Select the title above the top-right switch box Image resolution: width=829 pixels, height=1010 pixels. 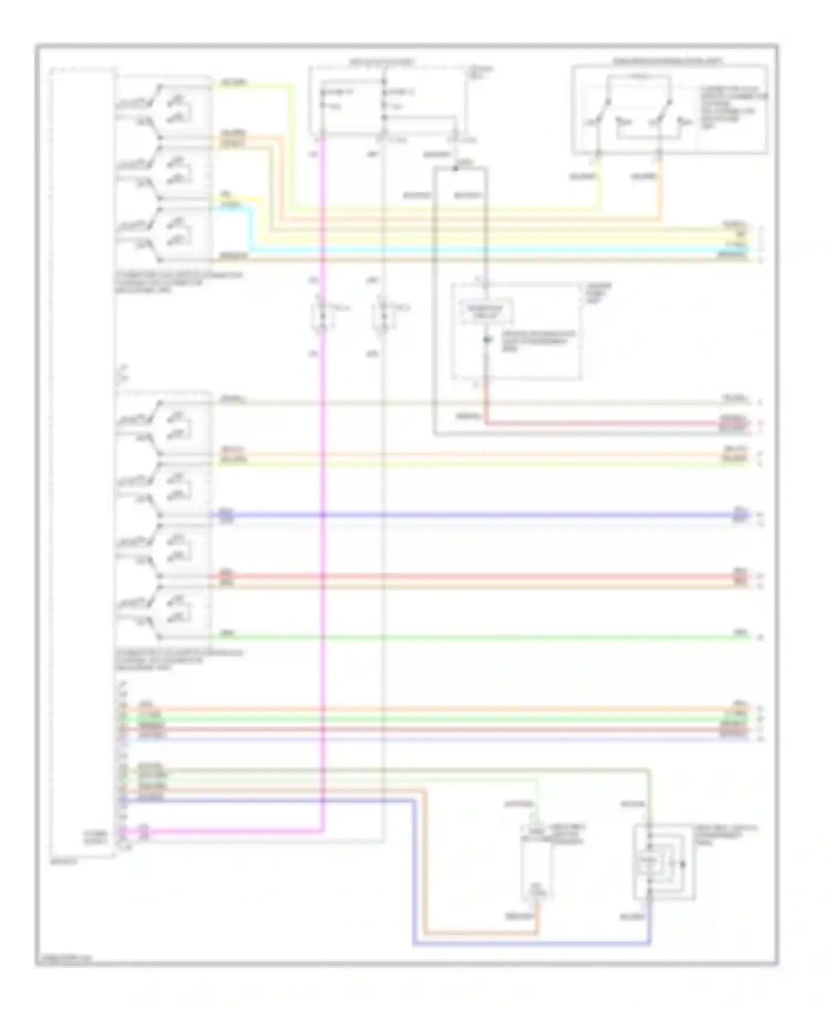(x=669, y=61)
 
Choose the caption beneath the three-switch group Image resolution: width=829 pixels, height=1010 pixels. (x=177, y=282)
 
